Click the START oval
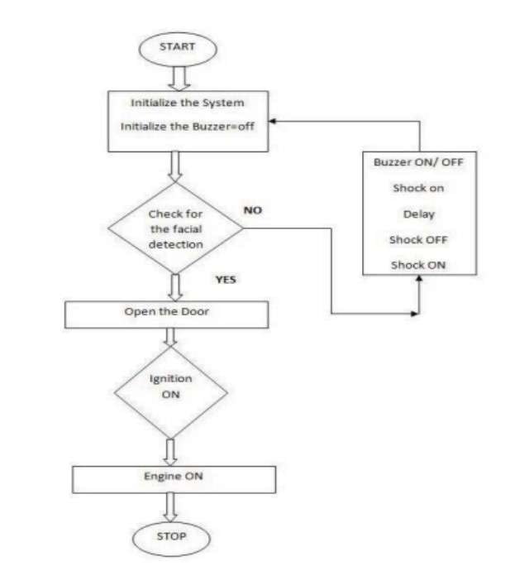coord(178,49)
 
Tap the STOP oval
coord(171,538)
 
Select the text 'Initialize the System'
coord(188,103)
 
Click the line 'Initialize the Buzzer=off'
coord(188,127)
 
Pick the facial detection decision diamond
coord(175,228)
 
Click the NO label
coord(253,210)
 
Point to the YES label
coord(226,280)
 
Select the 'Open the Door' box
coord(167,314)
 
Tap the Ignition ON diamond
coord(171,392)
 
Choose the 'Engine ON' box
coord(174,479)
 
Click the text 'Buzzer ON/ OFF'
coord(418,162)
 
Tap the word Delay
coord(418,214)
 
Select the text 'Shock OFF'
coord(418,240)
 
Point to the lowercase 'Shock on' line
coord(418,188)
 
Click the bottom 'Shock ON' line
coord(418,265)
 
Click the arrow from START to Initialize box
coord(179,79)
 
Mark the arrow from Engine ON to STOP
coord(170,507)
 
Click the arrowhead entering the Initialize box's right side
coord(272,121)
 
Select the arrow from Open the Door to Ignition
coord(170,337)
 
